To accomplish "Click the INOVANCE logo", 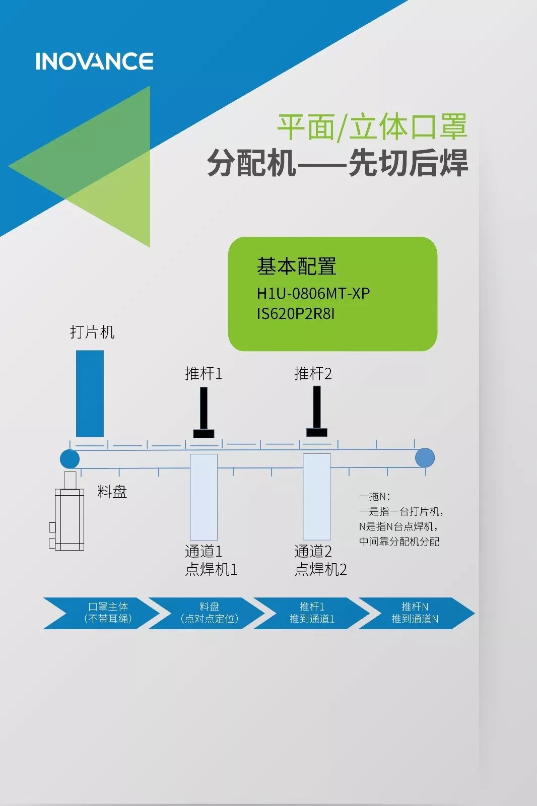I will pyautogui.click(x=94, y=61).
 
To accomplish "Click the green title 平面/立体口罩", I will pyautogui.click(x=372, y=126).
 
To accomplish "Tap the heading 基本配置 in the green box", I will pyautogui.click(x=296, y=266).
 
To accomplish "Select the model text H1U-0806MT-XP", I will pyautogui.click(x=313, y=293).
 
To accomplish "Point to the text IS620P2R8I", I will pyautogui.click(x=295, y=314).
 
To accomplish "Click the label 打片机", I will pyautogui.click(x=92, y=332).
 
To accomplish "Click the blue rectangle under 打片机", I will pyautogui.click(x=90, y=393).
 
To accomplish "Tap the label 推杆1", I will pyautogui.click(x=203, y=373).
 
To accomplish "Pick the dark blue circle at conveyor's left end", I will pyautogui.click(x=70, y=459).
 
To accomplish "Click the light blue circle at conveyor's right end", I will pyautogui.click(x=425, y=458).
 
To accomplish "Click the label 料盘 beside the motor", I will pyautogui.click(x=112, y=492).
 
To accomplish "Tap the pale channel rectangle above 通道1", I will pyautogui.click(x=204, y=497).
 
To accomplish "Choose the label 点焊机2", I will pyautogui.click(x=320, y=569).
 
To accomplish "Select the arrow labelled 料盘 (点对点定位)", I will pyautogui.click(x=209, y=613).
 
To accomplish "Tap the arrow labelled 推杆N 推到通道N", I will pyautogui.click(x=416, y=613).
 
